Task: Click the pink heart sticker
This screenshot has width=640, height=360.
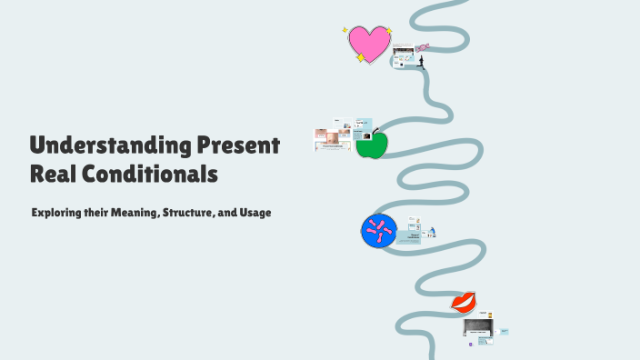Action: (x=369, y=43)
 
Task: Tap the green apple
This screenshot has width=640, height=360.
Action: (x=371, y=145)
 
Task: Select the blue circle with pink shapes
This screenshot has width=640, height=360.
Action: (x=379, y=231)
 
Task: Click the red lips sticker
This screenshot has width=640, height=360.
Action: (x=464, y=301)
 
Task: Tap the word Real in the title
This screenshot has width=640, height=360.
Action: (x=53, y=172)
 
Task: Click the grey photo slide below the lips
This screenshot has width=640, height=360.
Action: (x=477, y=327)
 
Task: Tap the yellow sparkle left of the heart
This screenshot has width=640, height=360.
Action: (x=345, y=29)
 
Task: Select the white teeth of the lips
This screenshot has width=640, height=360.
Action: (x=463, y=301)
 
